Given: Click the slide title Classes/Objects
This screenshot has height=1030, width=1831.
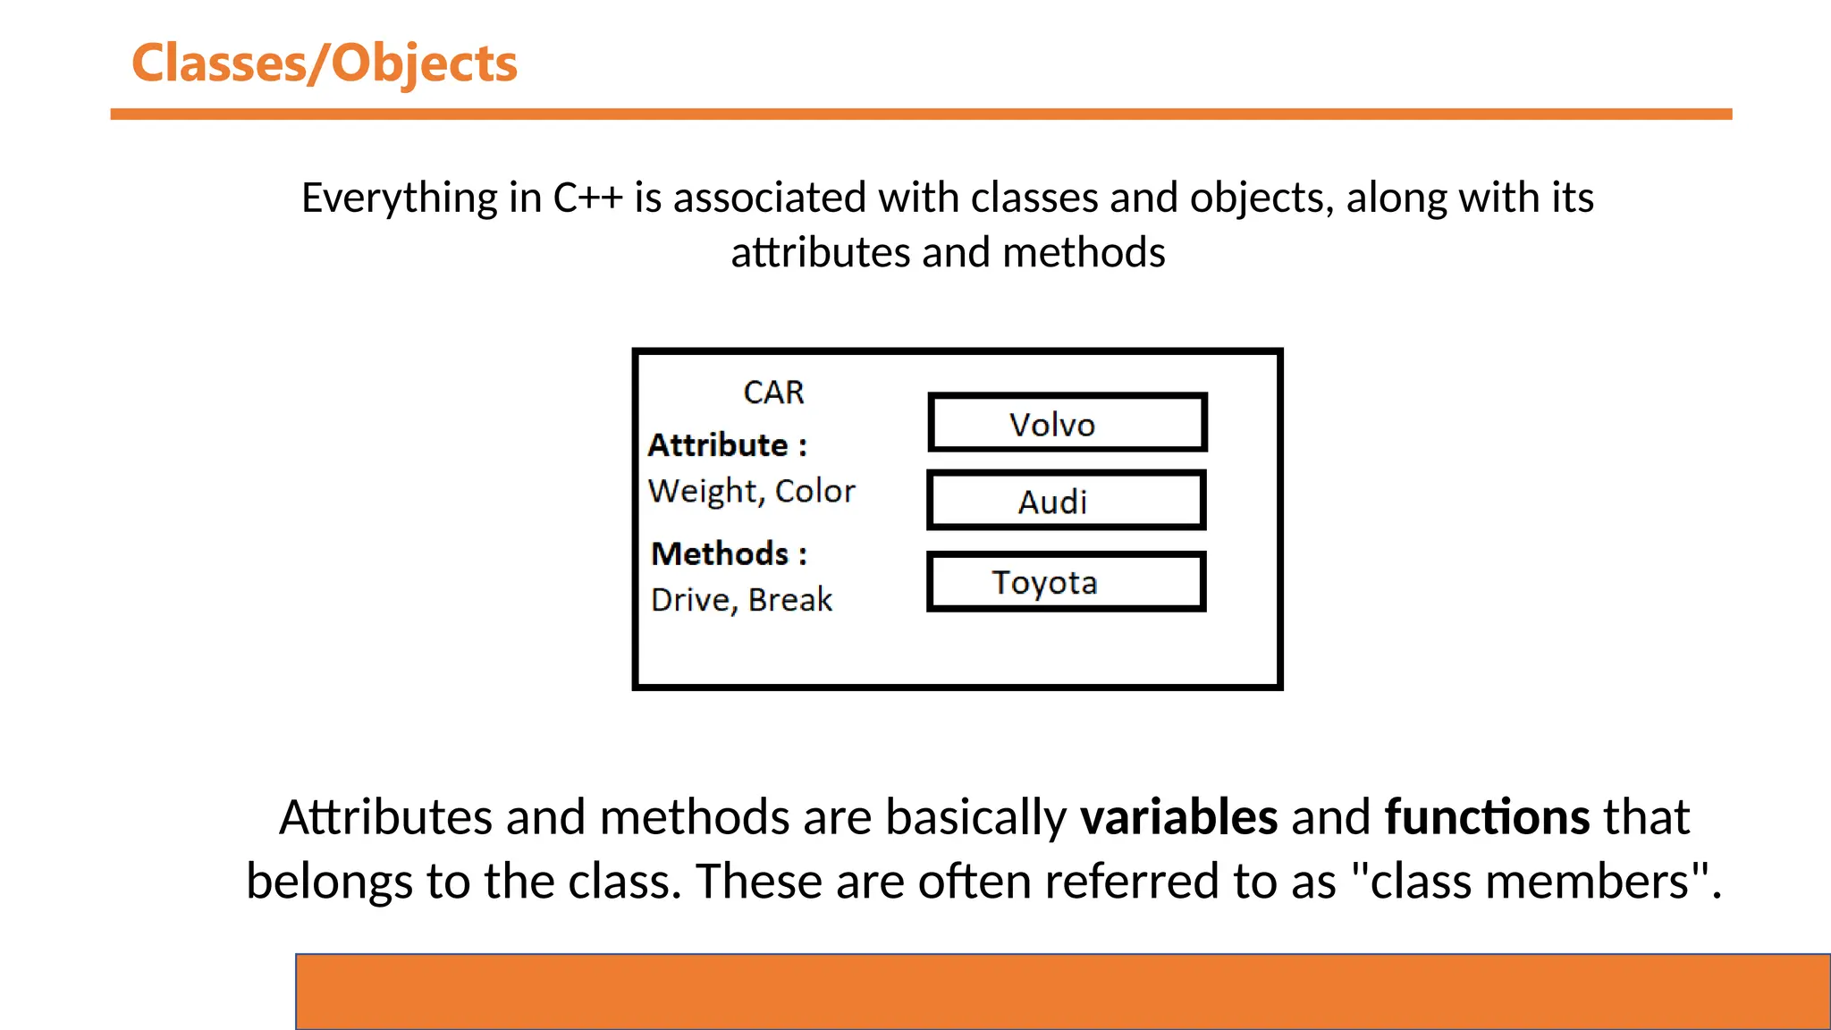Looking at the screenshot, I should (x=324, y=64).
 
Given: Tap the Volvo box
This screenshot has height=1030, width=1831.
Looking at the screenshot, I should (x=1067, y=423).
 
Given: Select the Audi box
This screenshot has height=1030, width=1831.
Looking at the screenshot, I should (x=1067, y=501).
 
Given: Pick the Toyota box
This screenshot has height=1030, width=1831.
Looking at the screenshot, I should (x=1067, y=582).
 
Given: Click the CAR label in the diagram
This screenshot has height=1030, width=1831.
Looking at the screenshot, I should (x=773, y=393).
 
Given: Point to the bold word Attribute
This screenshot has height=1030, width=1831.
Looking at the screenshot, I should (x=718, y=445).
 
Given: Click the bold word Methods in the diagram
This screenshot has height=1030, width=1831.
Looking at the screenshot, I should (x=720, y=554).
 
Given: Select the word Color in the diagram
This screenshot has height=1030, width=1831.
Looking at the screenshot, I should (x=814, y=491).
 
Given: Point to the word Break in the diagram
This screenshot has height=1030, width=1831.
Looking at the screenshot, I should (x=790, y=600).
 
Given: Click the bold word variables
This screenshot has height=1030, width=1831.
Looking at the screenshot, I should (x=1178, y=817).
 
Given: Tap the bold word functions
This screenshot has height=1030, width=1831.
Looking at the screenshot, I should (x=1487, y=817).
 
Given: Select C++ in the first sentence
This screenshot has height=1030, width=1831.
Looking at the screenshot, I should (x=587, y=198).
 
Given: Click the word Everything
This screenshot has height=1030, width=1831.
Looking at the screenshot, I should (x=399, y=198).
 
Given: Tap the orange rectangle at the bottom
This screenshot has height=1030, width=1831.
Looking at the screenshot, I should (x=1062, y=992).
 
